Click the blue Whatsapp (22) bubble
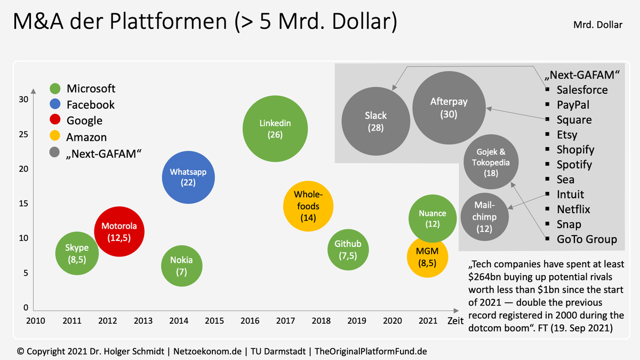(188, 178)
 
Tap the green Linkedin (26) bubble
(275, 129)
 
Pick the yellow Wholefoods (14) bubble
(308, 206)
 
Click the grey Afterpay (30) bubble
(449, 108)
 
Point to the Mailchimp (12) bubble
(485, 217)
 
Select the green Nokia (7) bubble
(182, 266)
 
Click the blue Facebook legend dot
(55, 104)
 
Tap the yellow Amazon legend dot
(55, 135)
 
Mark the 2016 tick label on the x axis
(250, 321)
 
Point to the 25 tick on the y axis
(23, 134)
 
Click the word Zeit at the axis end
(455, 321)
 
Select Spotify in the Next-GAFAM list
(574, 165)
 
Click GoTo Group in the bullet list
(587, 239)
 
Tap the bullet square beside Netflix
(547, 209)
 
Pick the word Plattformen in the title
(169, 21)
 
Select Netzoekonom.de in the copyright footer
(207, 351)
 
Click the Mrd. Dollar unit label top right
(598, 25)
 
